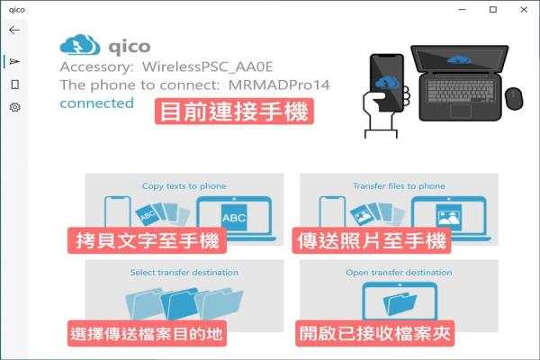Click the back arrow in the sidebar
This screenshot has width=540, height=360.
14,31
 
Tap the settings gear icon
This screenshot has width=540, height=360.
14,107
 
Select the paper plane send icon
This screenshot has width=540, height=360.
14,62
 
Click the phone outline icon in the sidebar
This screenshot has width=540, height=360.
14,85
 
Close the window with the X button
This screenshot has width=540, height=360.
524,10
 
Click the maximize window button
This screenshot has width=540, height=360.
493,10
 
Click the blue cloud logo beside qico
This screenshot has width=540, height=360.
80,45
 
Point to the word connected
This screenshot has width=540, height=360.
97,103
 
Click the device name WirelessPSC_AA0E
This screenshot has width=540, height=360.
208,67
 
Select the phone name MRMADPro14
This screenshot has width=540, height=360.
279,85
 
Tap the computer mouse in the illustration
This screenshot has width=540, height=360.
514,98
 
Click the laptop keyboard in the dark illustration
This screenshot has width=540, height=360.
461,91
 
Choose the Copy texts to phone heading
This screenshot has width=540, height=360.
184,186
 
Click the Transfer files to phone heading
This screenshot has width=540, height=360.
399,186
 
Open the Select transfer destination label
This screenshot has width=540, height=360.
184,273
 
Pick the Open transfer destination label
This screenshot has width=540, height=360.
399,273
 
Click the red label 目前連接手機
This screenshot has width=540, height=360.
234,112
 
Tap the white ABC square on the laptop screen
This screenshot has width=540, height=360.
234,218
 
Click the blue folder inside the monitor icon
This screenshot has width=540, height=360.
400,303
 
